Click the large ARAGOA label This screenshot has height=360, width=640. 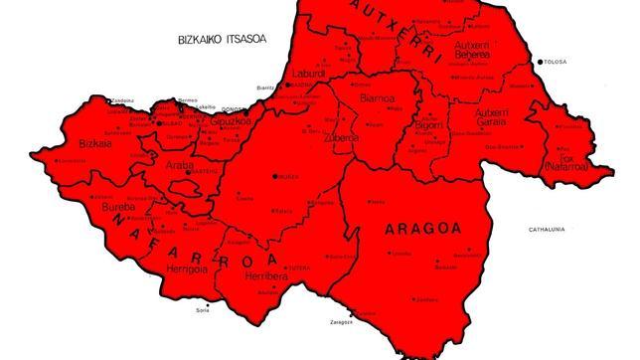(422, 229)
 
